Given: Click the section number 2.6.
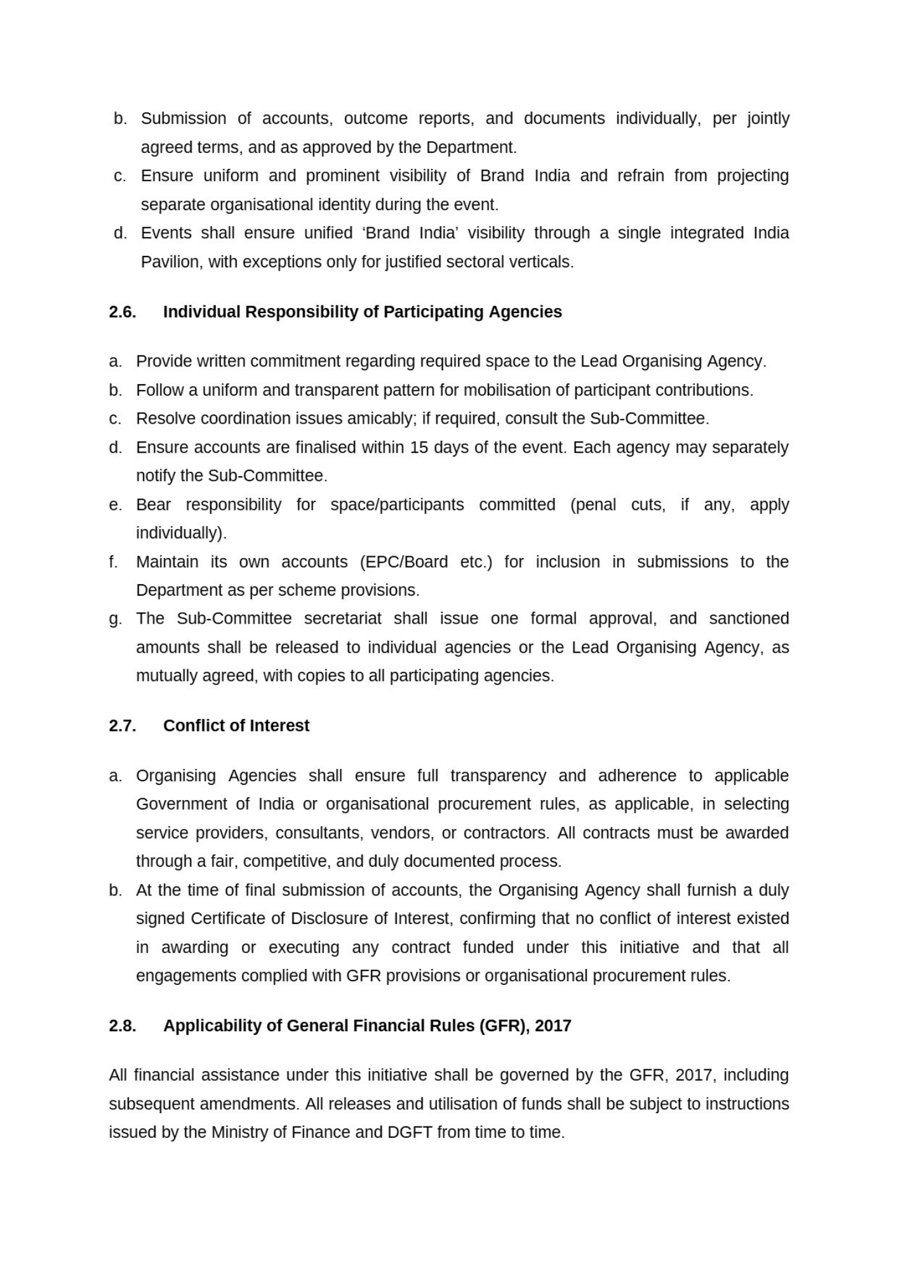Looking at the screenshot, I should click(x=123, y=312).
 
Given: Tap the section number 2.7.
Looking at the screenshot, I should click(x=123, y=726).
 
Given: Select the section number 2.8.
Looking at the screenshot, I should click(x=123, y=1026).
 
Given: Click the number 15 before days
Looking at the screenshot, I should click(x=419, y=447).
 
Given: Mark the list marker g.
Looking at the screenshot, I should click(x=115, y=619).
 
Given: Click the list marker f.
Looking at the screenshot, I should click(x=114, y=562).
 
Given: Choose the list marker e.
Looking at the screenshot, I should click(x=115, y=505).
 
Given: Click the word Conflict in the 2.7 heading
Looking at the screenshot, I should click(x=190, y=726).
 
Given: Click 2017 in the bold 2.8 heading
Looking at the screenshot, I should click(x=553, y=1026).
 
